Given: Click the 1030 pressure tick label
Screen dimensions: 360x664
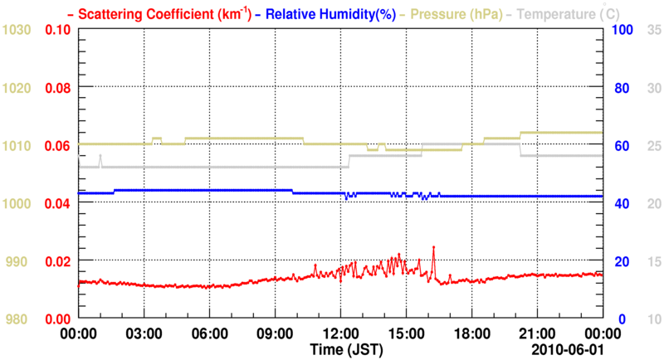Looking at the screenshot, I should coord(17,30).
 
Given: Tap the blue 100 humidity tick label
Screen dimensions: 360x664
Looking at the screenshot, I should coord(623,30).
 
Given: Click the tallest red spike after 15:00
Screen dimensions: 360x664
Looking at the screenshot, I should coord(433,247).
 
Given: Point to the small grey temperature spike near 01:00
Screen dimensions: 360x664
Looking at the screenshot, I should coord(100,156).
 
